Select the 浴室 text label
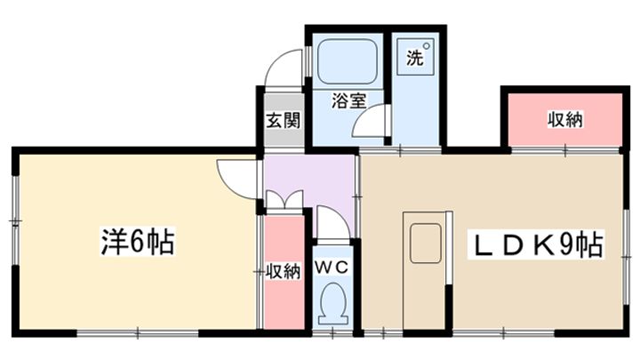(x=348, y=101)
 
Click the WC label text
(x=333, y=267)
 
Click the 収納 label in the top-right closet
(x=564, y=119)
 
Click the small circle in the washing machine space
(x=427, y=46)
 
